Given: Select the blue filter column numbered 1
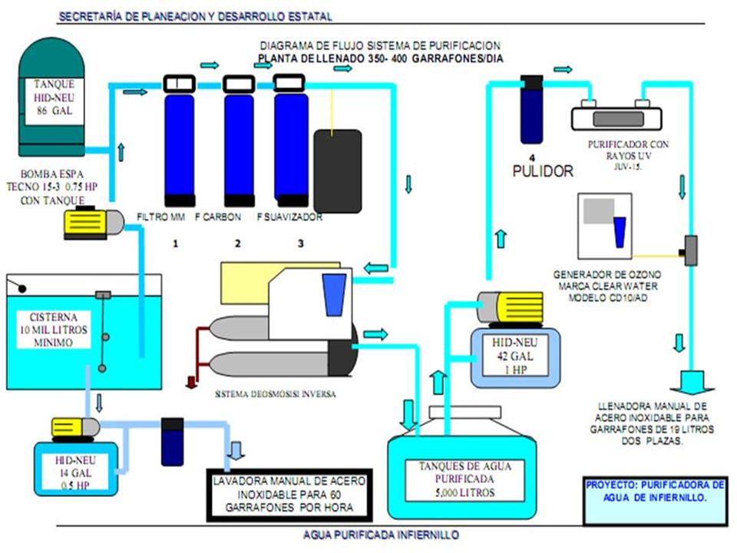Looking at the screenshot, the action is click(180, 141).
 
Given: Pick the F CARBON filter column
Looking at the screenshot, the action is click(239, 141).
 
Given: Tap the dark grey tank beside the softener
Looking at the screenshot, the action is click(338, 171).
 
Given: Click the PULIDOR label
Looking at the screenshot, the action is click(543, 171).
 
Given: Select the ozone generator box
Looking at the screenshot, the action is click(605, 225).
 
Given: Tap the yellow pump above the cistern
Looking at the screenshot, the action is click(94, 223).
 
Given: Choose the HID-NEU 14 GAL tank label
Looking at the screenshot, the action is click(75, 473).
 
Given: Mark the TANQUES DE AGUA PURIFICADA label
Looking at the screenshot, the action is click(465, 479).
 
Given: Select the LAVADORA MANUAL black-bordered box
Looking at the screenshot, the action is click(289, 495).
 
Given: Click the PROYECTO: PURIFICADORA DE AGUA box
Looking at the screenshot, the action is click(655, 500).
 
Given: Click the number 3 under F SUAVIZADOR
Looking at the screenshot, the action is click(301, 243).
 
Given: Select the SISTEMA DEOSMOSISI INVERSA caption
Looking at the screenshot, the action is click(276, 394).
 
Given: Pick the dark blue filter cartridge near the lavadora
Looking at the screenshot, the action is click(173, 442).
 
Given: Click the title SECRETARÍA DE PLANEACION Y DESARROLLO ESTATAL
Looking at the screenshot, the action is click(196, 16).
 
